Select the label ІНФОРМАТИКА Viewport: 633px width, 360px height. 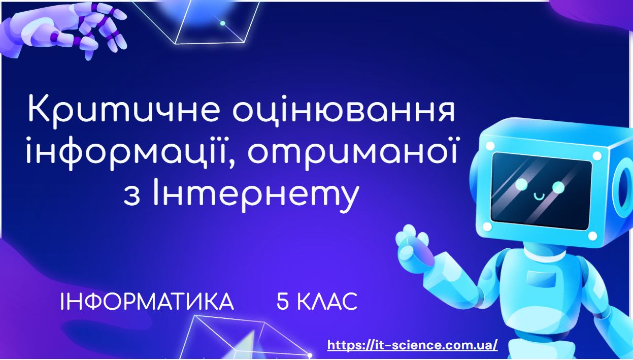147,302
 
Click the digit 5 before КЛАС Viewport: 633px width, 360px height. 282,302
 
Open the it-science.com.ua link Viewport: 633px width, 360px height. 412,345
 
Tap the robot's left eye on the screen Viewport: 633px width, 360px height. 521,184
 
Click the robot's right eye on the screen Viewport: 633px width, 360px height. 558,187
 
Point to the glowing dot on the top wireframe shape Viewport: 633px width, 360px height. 222,23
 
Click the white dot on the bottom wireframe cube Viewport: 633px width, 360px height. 310,355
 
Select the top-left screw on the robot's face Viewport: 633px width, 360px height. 489,146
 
